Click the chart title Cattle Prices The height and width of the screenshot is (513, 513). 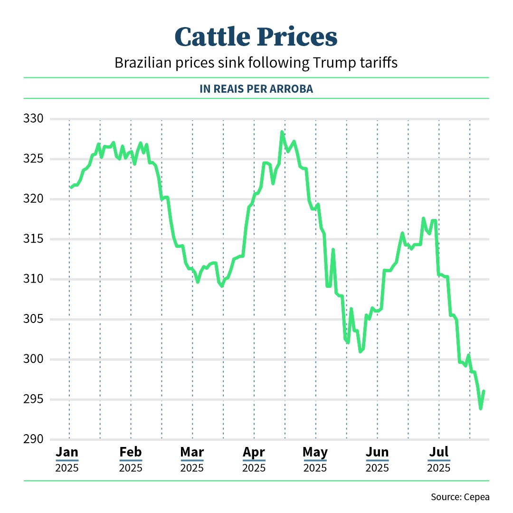tap(256, 37)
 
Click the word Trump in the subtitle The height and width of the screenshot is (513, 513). tap(331, 63)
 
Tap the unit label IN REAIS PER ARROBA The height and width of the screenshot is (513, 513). tap(256, 89)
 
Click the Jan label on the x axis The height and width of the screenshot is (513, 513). tap(67, 452)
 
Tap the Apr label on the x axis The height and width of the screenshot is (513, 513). tap(254, 452)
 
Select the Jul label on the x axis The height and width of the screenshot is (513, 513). tap(438, 452)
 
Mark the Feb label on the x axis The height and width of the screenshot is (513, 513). tap(131, 452)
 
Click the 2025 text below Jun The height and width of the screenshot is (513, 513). tap(377, 468)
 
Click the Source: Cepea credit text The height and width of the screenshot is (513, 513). tap(460, 497)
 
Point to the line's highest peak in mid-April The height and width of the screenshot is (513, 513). tap(282, 132)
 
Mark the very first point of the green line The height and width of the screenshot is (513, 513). tap(71, 187)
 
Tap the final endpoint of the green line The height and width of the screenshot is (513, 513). tap(484, 391)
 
